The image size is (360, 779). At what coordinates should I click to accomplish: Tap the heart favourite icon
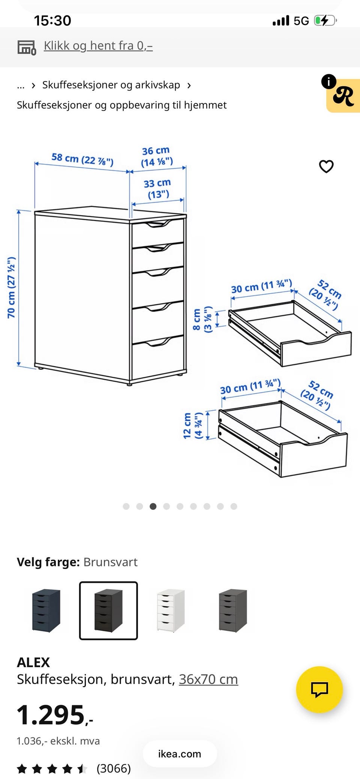click(x=326, y=166)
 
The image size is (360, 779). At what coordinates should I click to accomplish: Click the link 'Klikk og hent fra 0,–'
click(x=98, y=46)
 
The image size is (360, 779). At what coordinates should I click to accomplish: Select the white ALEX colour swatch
click(x=171, y=610)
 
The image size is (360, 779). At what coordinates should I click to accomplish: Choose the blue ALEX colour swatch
click(x=46, y=610)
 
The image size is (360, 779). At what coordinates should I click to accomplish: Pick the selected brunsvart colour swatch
click(x=108, y=610)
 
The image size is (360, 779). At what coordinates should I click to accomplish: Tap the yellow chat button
click(x=319, y=689)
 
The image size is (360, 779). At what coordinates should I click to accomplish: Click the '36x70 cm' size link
click(x=208, y=679)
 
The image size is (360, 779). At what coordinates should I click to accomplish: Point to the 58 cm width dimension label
click(x=82, y=159)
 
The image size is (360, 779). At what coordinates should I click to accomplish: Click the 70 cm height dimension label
click(x=12, y=288)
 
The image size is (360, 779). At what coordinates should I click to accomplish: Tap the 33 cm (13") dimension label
click(x=157, y=189)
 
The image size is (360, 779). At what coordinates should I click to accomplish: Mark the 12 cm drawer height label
click(x=193, y=426)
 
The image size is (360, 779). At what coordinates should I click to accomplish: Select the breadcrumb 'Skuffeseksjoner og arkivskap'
click(x=111, y=85)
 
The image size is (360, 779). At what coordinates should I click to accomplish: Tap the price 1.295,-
click(x=55, y=715)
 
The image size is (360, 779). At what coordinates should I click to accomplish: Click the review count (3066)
click(x=114, y=768)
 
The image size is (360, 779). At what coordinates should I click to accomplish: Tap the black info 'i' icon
click(x=328, y=81)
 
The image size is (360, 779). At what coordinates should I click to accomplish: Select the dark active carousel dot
click(x=153, y=506)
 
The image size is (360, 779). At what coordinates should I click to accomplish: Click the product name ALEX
click(x=33, y=662)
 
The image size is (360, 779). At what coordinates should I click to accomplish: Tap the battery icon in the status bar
click(x=325, y=20)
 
